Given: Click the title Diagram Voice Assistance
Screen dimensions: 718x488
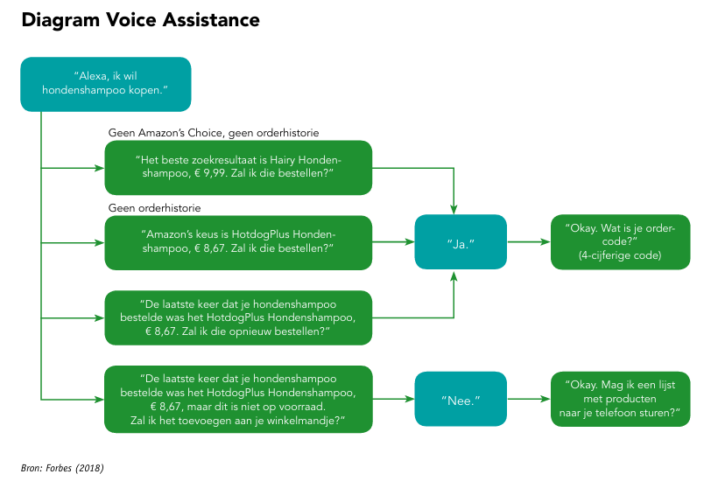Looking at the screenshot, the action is pos(140,21).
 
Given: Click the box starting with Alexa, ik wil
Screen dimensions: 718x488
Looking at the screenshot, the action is pos(106,84).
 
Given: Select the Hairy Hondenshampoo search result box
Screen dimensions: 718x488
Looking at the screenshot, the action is pos(238,167).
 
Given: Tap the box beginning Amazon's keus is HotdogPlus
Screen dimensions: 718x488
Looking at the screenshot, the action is pos(238,242).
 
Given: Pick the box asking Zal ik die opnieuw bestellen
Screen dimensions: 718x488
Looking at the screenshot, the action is pos(238,317).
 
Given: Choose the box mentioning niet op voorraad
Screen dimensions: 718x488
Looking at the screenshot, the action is pos(238,400).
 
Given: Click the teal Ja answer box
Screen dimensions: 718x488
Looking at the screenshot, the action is pos(461,242).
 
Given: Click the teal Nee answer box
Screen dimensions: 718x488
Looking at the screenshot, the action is pos(461,399).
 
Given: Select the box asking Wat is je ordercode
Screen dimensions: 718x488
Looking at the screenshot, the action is pos(620,242).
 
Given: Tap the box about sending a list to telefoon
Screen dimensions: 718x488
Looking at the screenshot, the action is pos(620,399).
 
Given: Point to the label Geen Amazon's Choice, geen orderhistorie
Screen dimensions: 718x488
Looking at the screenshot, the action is pos(214,133).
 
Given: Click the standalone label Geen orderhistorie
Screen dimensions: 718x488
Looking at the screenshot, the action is pos(154,208).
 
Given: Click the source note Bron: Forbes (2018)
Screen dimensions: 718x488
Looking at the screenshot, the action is pos(62,468).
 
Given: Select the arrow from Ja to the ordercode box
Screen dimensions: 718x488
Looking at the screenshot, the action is pos(529,242).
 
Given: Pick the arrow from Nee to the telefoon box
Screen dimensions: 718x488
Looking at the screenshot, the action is pos(529,399).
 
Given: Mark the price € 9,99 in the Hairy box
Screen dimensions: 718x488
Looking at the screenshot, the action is pos(210,173).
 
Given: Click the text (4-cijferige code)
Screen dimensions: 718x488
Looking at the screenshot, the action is pos(620,255).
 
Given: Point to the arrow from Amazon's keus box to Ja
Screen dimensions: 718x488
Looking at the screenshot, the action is pos(393,242).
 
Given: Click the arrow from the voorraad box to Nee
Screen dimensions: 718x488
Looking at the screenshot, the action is pos(393,399).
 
